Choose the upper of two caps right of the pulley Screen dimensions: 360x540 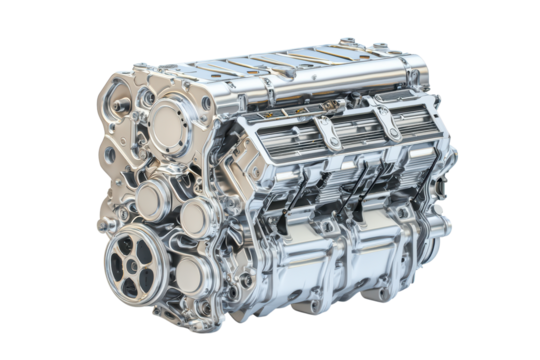tap(194, 214)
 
